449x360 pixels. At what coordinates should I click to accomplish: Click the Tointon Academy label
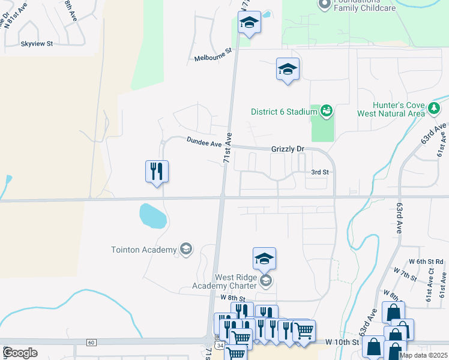pos(144,250)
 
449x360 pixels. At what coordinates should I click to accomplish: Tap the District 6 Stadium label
pos(283,112)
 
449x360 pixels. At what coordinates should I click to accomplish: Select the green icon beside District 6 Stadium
pos(327,110)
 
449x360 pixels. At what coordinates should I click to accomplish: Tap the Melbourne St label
pos(212,58)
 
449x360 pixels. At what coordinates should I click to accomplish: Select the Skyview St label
pos(37,44)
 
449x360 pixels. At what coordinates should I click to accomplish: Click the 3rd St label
pos(320,172)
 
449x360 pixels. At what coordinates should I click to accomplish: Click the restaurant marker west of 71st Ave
pos(157,172)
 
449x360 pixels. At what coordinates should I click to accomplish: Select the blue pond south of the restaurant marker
pos(153,215)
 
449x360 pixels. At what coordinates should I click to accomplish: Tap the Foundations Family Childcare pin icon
pos(325,4)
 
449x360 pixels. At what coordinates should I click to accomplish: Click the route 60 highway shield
pos(91,342)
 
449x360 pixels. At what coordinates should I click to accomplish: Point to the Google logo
pos(20,353)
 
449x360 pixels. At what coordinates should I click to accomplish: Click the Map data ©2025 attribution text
pos(424,355)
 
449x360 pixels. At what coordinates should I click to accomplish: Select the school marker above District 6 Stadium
pos(288,70)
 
